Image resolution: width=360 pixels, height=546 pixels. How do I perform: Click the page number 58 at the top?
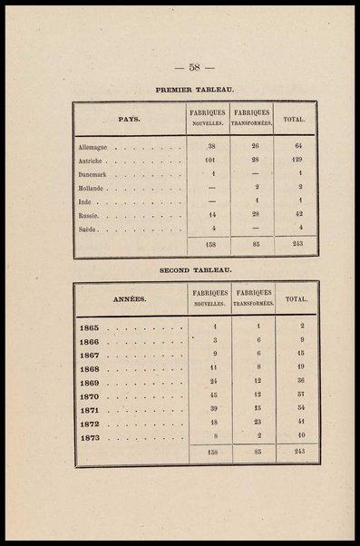pos(193,67)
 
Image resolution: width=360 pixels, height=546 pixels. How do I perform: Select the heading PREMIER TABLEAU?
pos(195,91)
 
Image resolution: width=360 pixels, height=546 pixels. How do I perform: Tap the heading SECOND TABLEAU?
pos(196,270)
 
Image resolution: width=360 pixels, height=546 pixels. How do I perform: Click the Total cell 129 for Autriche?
pos(294,160)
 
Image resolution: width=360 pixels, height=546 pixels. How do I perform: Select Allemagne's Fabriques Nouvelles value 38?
pos(210,146)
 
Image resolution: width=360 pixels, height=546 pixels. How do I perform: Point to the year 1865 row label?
pos(89,327)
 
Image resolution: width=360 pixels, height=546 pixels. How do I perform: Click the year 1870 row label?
pos(89,396)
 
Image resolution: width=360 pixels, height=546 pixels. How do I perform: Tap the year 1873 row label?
pos(89,438)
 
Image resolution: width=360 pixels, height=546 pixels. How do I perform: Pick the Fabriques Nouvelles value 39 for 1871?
pos(214,409)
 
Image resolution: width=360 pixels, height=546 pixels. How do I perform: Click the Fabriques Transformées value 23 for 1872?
pos(258,424)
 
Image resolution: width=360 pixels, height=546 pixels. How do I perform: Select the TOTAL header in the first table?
pos(294,119)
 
